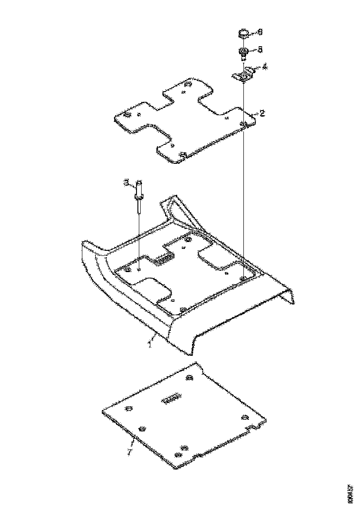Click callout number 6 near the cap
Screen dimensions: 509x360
coord(260,32)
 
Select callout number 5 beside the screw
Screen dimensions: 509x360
coord(260,49)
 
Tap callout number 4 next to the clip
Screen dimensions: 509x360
coord(264,67)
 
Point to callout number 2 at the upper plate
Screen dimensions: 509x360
coord(262,113)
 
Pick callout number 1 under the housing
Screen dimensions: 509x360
coord(150,342)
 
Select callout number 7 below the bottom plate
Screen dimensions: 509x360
coord(130,451)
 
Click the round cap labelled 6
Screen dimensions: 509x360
coord(243,33)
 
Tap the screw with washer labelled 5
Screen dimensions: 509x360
coord(242,51)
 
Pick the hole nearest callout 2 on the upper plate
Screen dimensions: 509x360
coord(243,124)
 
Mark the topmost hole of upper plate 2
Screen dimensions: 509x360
coord(188,85)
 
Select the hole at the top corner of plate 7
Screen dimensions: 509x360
coord(189,379)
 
